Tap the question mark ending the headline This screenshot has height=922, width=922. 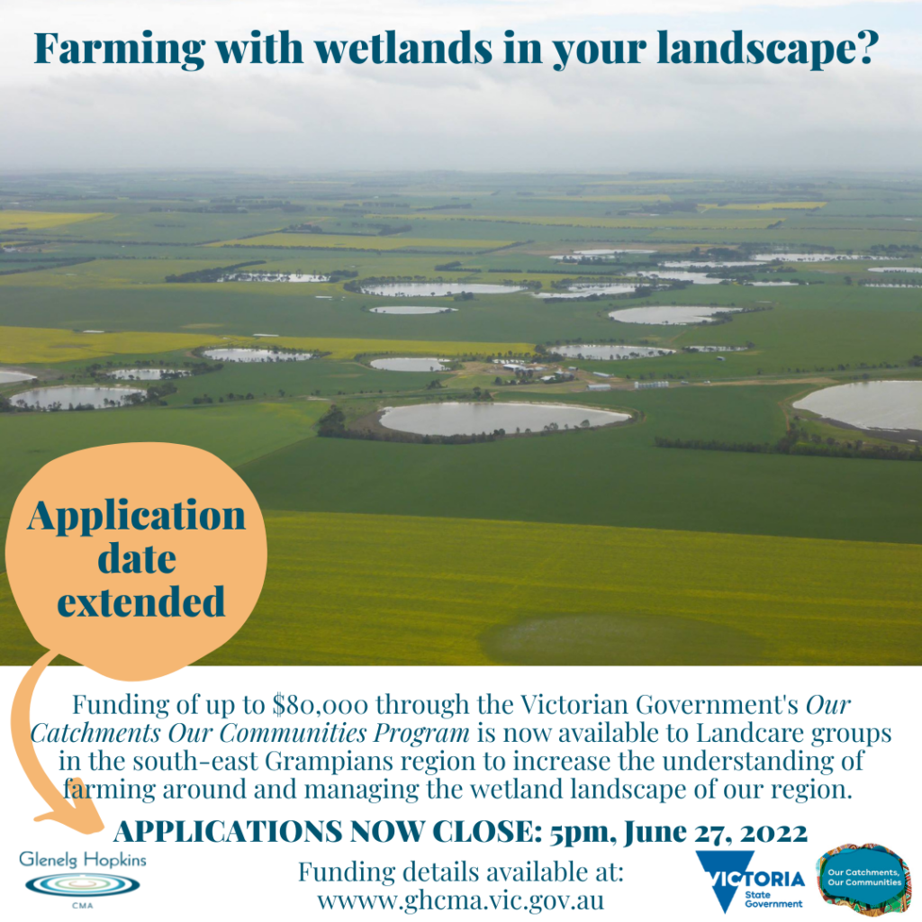[865, 47]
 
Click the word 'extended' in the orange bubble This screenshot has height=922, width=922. [141, 601]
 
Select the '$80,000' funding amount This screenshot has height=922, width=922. [321, 704]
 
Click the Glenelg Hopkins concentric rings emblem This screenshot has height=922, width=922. [82, 884]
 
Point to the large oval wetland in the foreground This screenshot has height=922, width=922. [504, 418]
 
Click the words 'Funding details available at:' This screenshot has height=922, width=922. [460, 872]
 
